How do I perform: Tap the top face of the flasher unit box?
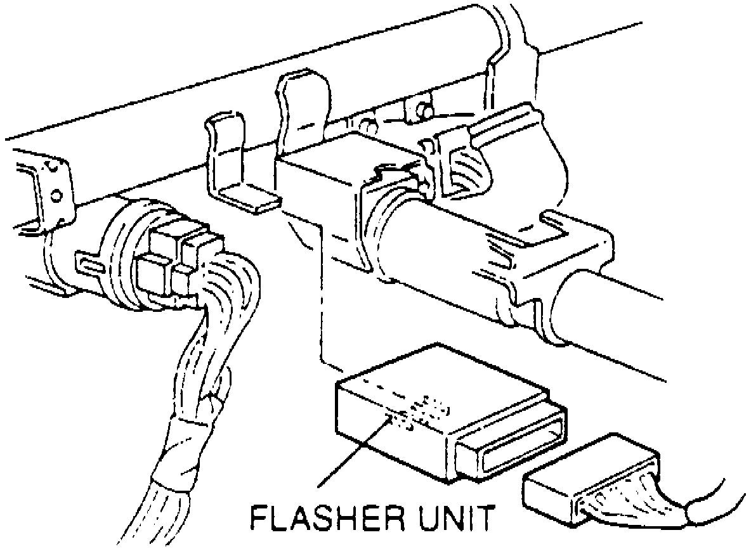tap(438, 387)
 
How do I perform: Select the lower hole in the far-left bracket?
tap(57, 195)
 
